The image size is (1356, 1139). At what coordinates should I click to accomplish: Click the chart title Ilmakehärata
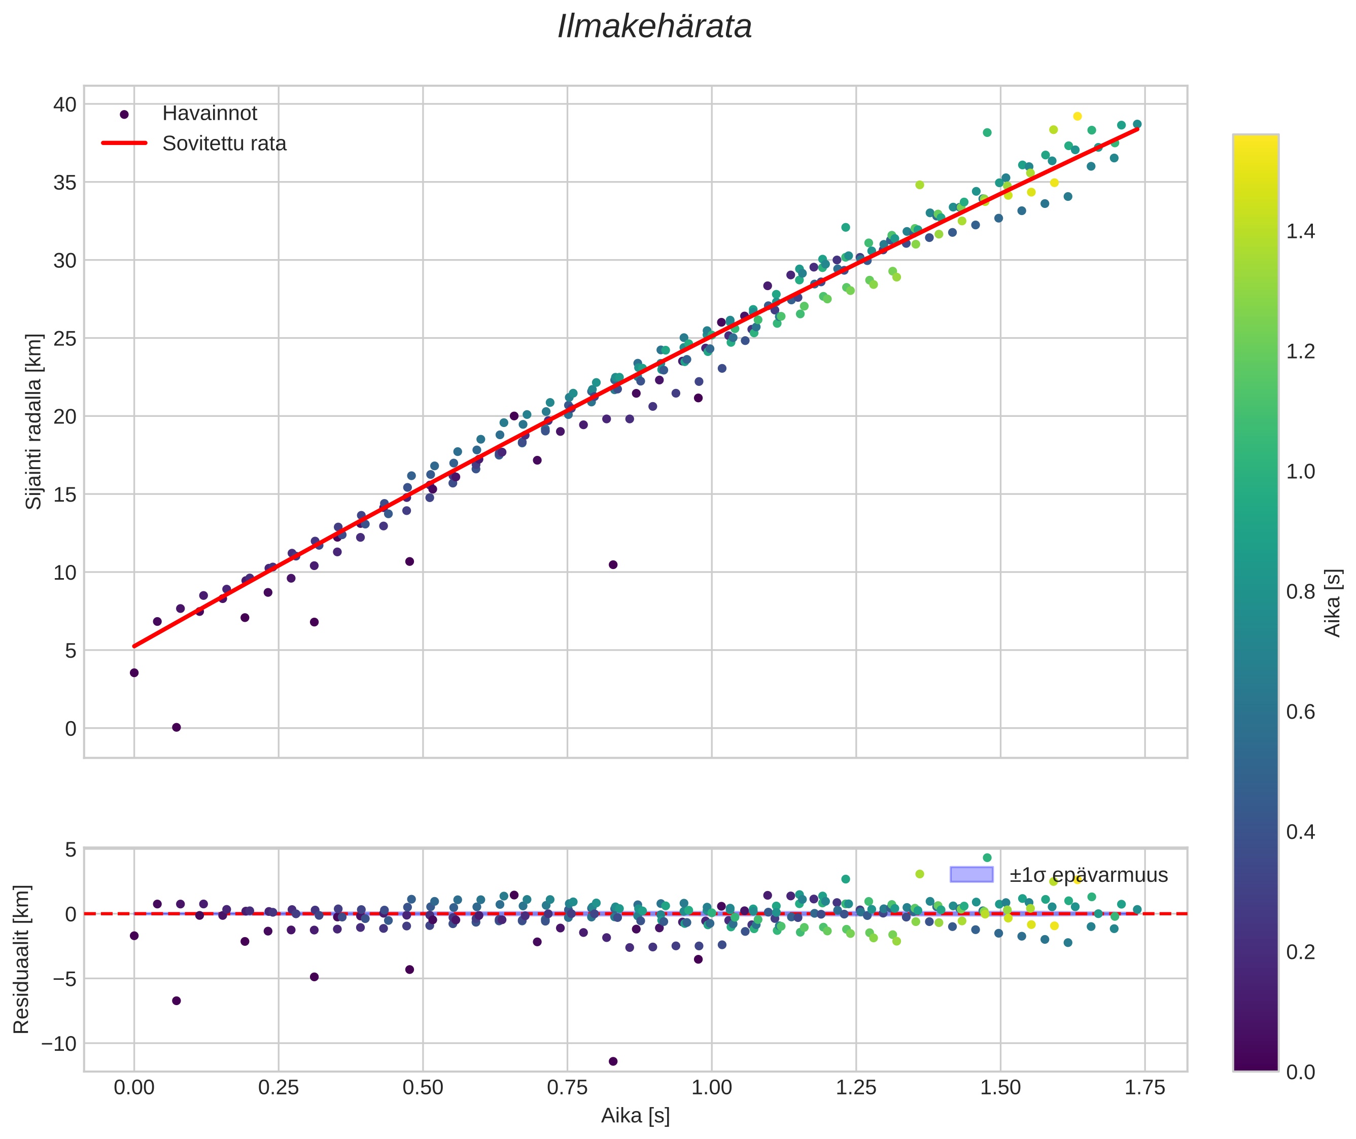tap(654, 27)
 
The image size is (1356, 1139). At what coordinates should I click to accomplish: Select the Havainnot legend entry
tap(210, 114)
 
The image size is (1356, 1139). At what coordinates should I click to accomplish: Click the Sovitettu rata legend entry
tap(224, 144)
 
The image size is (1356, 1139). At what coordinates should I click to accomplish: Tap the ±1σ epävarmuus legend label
tap(1089, 876)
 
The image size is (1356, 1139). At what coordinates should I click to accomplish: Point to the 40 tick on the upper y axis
tap(64, 104)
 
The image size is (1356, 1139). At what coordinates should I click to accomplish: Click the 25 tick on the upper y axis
tap(64, 338)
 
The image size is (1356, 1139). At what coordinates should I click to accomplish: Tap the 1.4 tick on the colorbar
tap(1300, 232)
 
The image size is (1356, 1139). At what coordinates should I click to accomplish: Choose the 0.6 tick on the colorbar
tap(1300, 712)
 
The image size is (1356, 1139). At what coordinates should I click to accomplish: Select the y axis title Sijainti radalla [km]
tap(33, 421)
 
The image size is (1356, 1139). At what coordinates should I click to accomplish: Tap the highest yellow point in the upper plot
tap(1077, 116)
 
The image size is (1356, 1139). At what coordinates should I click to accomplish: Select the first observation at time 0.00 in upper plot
tap(134, 673)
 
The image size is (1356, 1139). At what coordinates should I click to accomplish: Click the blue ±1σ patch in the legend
tap(971, 875)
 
